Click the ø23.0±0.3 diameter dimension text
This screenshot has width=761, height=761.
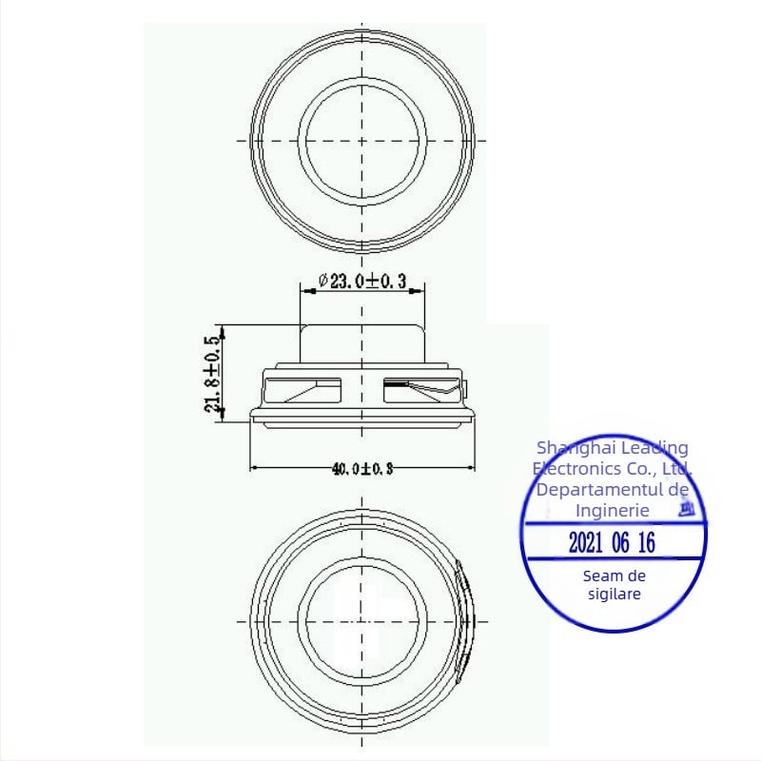pos(362,281)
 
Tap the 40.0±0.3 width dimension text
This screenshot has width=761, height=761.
pos(361,468)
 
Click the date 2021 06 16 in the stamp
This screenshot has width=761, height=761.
pos(612,544)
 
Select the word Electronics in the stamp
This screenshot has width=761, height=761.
pos(574,468)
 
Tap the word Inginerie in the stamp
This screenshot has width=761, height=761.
pos(613,511)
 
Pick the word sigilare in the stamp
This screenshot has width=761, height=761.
pos(614,594)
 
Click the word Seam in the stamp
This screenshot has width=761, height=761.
pos(602,576)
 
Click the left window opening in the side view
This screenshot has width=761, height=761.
pos(302,390)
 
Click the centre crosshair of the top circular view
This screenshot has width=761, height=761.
pos(362,140)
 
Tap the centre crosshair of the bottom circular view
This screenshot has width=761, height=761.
pos(361,620)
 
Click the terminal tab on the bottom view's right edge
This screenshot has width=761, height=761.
pos(463,618)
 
